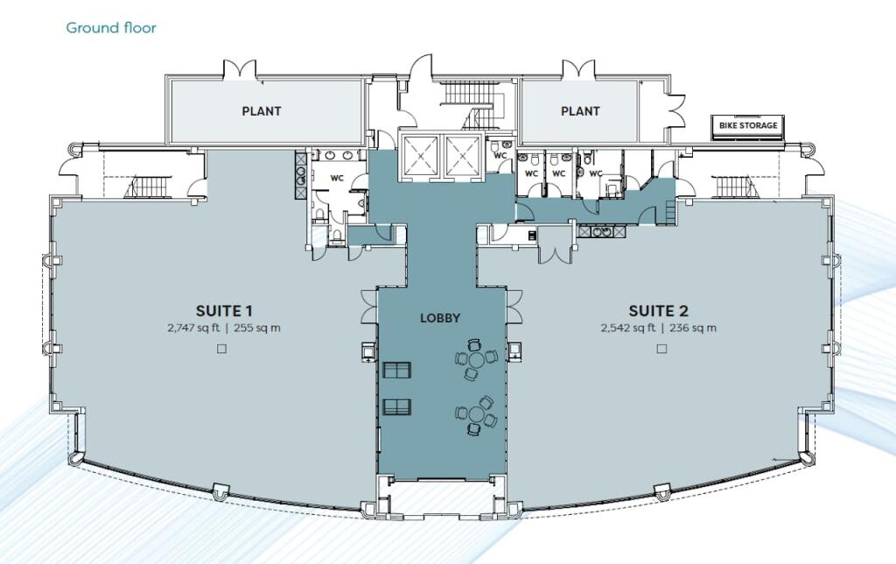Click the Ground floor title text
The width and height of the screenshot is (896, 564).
coord(111,28)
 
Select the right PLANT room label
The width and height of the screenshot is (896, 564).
coord(580,111)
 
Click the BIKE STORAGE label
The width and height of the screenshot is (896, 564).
coord(747,126)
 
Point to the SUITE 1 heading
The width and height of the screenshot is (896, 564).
coord(225,310)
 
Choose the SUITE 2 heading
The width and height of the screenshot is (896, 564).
coord(659,310)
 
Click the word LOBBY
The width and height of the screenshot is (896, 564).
coord(440,319)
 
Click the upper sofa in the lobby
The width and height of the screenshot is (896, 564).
coord(397,370)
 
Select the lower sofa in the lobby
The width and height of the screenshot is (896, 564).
coord(397,406)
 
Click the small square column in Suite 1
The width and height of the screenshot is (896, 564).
coord(221,349)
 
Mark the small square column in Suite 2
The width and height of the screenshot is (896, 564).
coord(659,349)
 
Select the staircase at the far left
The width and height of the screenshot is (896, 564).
coord(145,187)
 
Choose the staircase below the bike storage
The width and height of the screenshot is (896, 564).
coord(731,186)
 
